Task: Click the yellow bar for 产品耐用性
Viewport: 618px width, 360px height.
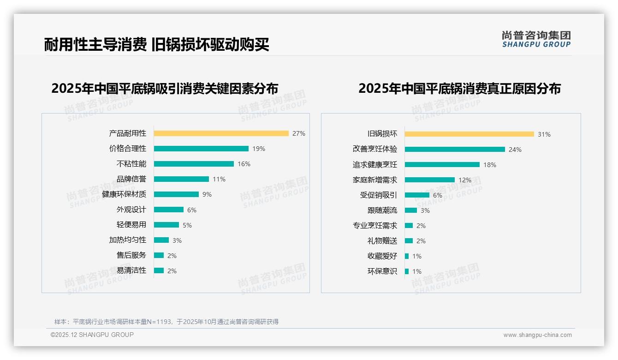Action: (221, 133)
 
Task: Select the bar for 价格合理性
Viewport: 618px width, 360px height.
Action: (201, 149)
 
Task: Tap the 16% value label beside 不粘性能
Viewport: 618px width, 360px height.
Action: (244, 164)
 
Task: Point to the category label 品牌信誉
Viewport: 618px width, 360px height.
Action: (131, 179)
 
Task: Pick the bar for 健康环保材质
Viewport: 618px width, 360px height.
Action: (176, 194)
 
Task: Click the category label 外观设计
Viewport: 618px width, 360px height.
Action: (131, 210)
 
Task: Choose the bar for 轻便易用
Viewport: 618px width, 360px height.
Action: (166, 225)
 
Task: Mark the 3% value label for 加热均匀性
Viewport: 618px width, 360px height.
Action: (177, 240)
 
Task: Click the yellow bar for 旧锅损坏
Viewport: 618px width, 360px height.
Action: (469, 134)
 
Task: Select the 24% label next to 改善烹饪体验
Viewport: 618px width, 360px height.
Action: (515, 150)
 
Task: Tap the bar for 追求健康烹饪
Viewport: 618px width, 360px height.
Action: (442, 165)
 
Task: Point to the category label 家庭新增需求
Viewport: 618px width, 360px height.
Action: (374, 180)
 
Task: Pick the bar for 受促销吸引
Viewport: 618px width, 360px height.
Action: (417, 195)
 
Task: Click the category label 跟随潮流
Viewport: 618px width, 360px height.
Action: (382, 210)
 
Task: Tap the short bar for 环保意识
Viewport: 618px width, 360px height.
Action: (407, 271)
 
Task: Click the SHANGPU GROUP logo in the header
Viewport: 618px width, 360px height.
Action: (536, 39)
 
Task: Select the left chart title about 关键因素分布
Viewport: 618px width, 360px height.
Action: (165, 89)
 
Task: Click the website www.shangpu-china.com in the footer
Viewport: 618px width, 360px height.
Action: (537, 335)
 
